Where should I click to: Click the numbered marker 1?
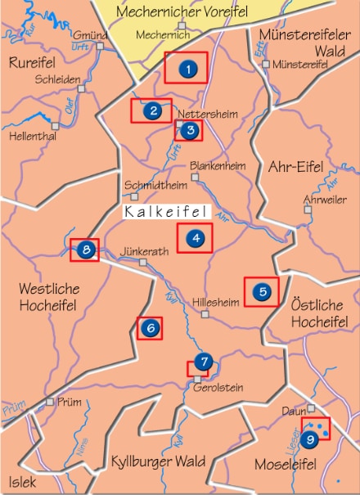[x=188, y=69]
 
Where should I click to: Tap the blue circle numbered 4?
[x=196, y=239]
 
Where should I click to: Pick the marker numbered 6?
[x=150, y=328]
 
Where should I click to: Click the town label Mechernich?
[x=155, y=35]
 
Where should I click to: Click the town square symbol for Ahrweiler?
[x=308, y=209]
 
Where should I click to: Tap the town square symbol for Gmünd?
[x=102, y=46]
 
